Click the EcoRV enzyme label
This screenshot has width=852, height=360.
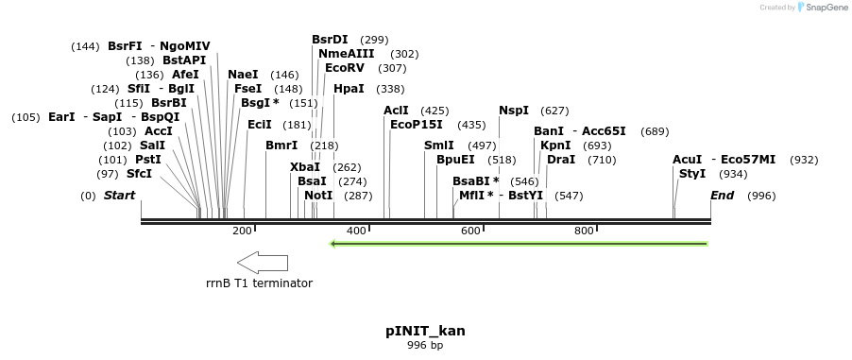pos(344,68)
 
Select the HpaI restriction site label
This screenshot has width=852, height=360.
pos(349,89)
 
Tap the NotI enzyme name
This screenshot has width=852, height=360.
pos(318,196)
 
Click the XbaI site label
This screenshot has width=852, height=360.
pos(305,167)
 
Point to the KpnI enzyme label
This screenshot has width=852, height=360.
pos(555,146)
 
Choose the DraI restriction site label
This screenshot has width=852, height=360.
pos(561,160)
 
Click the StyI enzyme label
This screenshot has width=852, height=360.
pos(692,174)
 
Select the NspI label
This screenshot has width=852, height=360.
pos(514,111)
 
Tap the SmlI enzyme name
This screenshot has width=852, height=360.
pos(438,146)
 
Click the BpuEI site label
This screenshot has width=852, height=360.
pos(455,160)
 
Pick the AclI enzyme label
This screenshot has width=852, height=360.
pos(396,111)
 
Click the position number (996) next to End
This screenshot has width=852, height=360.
pos(761,196)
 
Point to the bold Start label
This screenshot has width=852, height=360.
pos(119,196)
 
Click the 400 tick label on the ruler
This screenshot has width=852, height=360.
pos(356,231)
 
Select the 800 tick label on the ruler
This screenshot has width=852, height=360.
pos(584,231)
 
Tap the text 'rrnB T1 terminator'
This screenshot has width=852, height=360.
pos(259,283)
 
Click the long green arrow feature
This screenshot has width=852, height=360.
pos(519,244)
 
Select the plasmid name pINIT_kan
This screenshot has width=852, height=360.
pos(425,331)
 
